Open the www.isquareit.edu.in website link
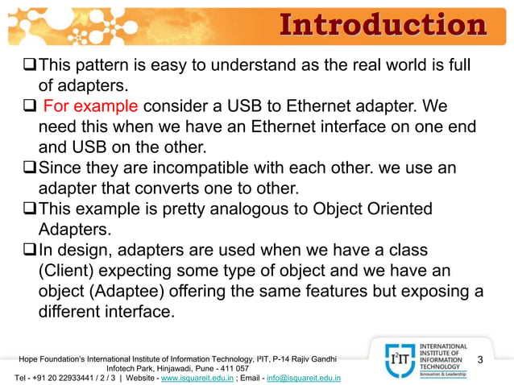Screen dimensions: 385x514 click(197, 377)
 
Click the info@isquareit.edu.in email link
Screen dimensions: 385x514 click(303, 377)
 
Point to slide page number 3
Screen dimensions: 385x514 click(481, 358)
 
